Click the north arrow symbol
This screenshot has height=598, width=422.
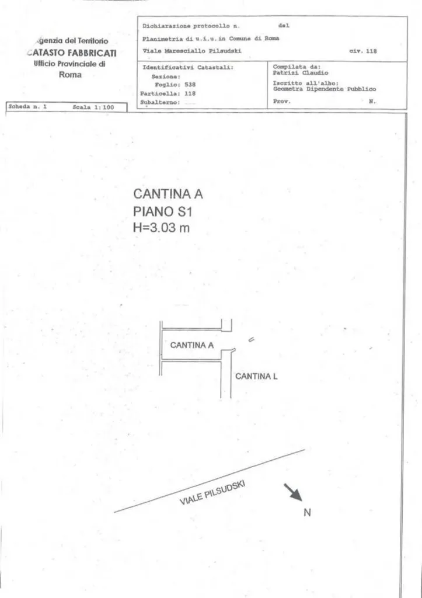coord(292,492)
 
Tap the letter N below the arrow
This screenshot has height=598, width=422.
coord(307,513)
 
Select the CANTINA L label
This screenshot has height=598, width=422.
coord(256,377)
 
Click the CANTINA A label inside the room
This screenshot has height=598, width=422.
coord(192,345)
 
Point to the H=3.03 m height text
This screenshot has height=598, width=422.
coord(161,228)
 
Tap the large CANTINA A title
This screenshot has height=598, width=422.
coord(168,194)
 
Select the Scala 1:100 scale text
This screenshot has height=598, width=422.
coord(93,107)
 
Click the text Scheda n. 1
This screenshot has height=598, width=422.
coord(27,107)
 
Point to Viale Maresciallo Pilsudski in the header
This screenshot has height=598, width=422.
coord(192,51)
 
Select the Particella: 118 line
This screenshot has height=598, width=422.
coord(168,93)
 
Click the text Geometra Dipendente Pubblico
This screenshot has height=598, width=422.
coord(325,89)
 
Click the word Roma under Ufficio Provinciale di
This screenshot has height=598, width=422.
coord(70,75)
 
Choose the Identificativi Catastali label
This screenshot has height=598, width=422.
coord(188,68)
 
